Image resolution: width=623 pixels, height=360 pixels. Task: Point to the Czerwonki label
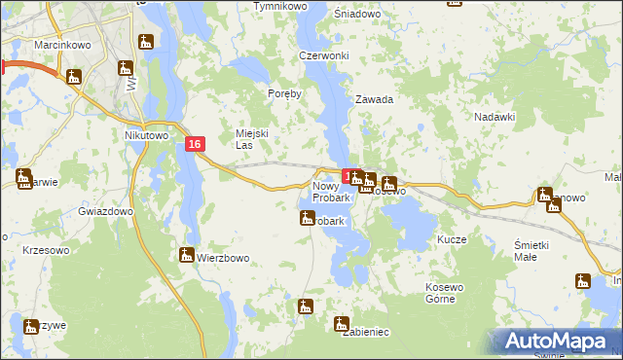(324, 55)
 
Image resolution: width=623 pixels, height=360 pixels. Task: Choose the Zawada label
(374, 99)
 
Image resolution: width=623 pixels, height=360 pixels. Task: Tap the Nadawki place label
(494, 116)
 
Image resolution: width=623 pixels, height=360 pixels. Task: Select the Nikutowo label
(146, 136)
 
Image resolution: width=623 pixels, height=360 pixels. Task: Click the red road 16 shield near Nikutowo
(196, 144)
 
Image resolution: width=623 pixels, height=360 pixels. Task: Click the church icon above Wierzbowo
(186, 255)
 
